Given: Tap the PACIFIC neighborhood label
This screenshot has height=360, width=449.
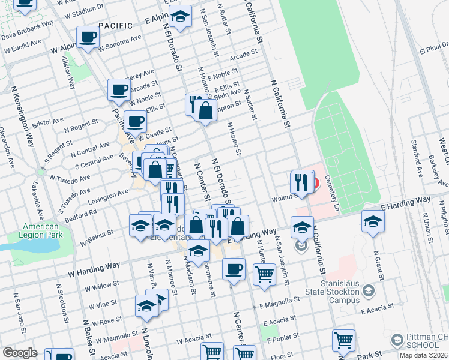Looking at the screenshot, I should pyautogui.click(x=115, y=26).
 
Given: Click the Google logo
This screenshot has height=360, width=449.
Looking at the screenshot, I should pyautogui.click(x=20, y=353).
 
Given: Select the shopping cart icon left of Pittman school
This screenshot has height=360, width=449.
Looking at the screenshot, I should pyautogui.click(x=343, y=340).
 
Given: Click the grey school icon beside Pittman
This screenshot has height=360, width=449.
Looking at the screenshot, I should pyautogui.click(x=397, y=340).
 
